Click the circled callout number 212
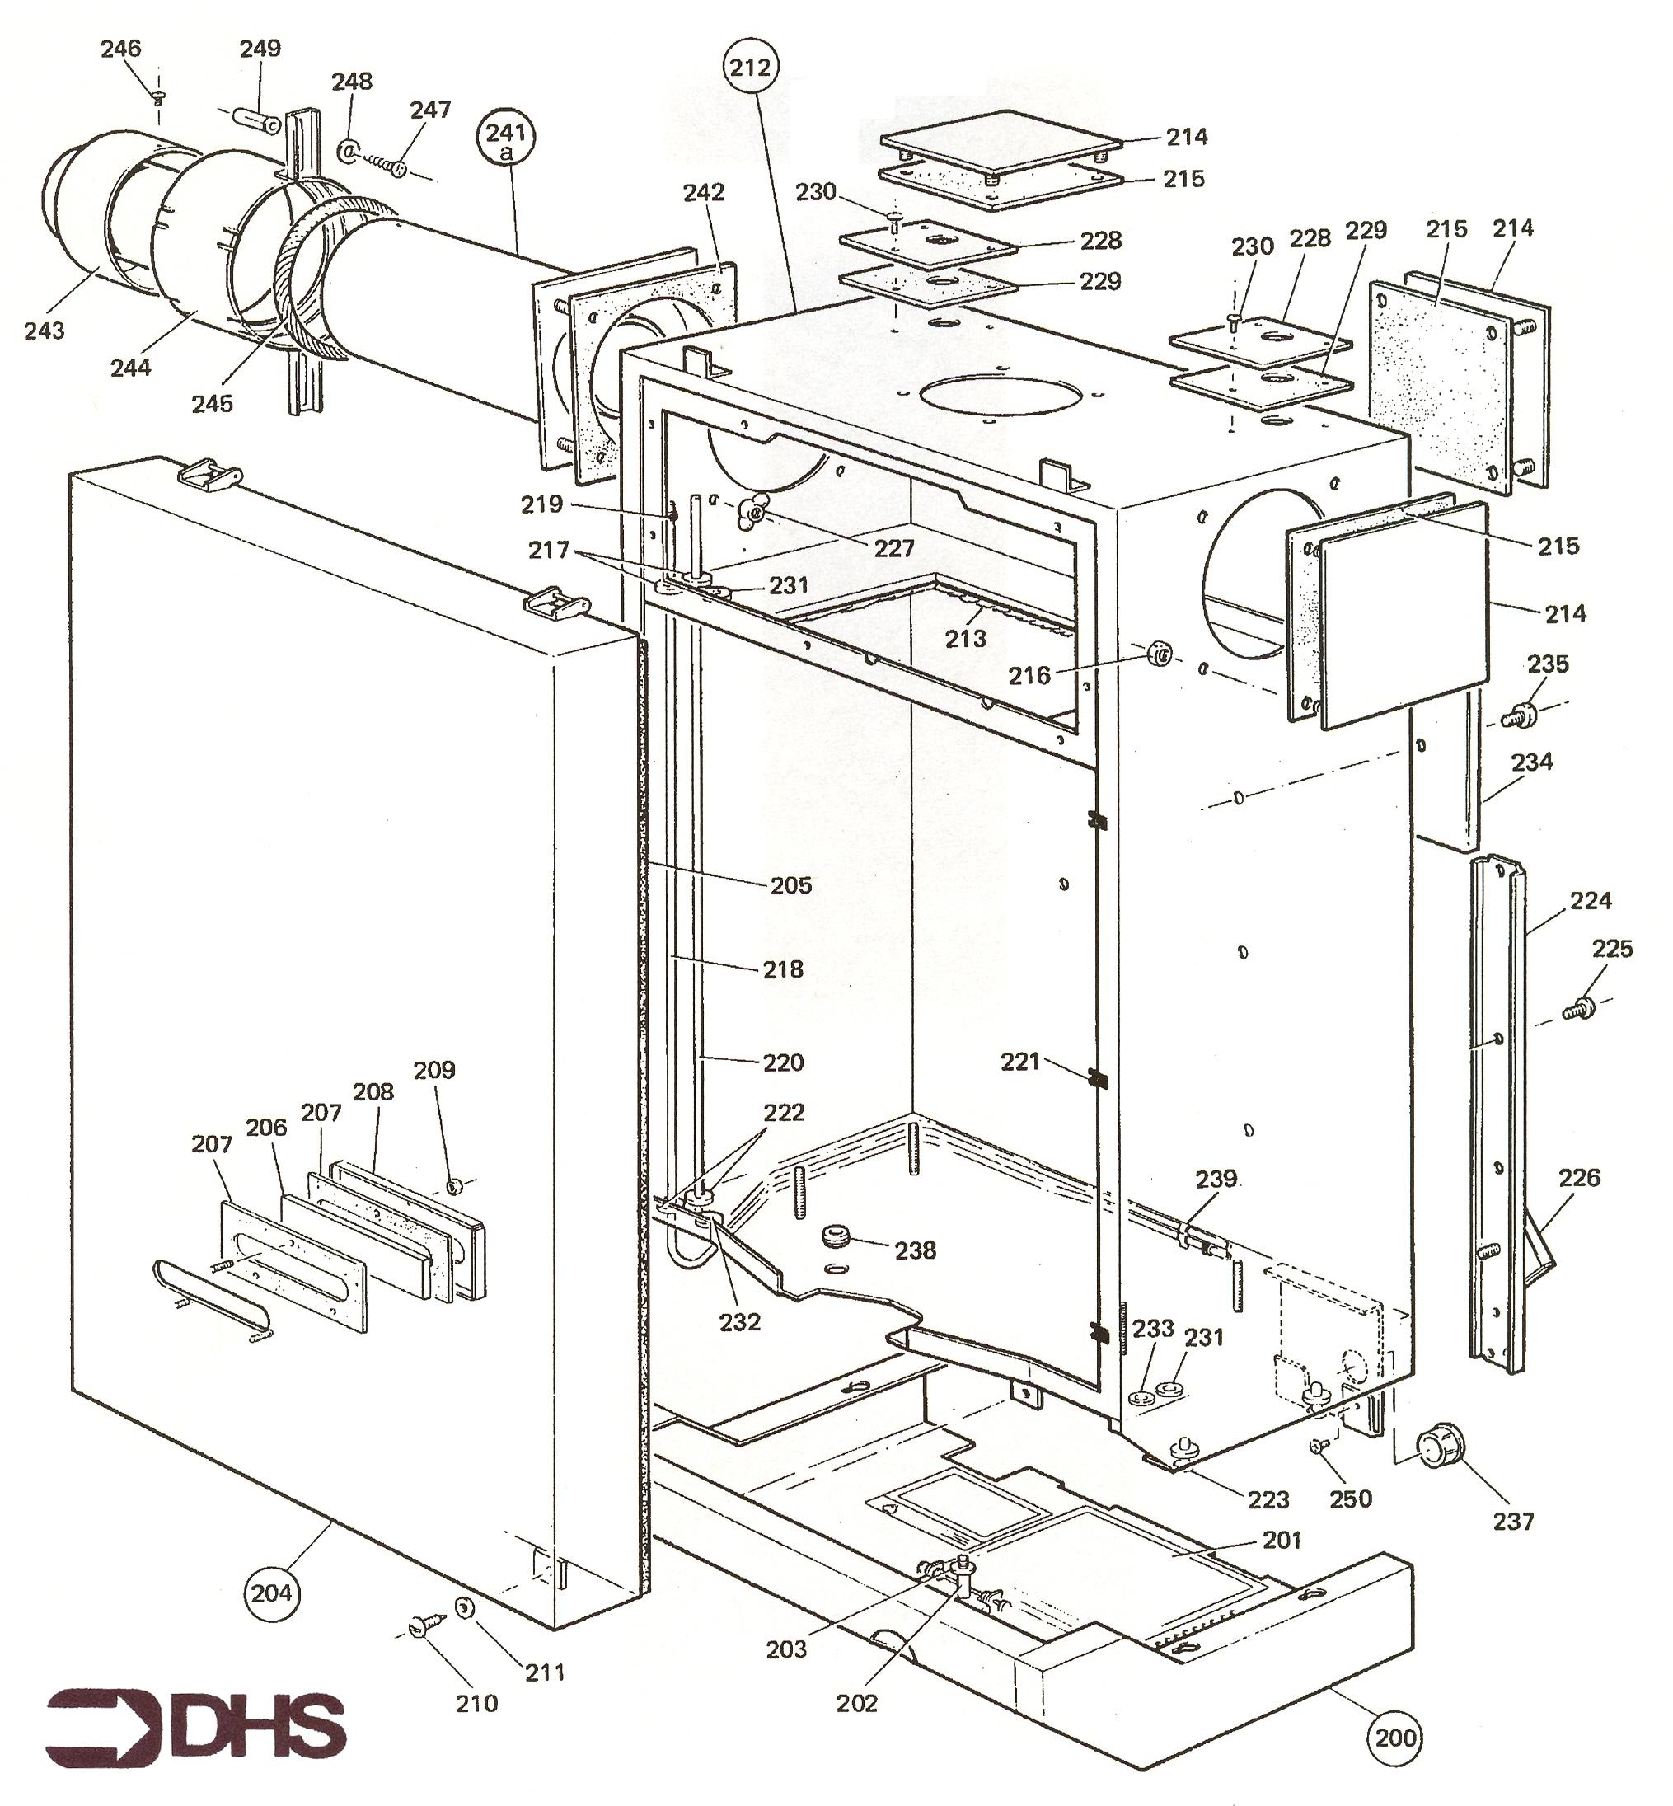click(x=752, y=68)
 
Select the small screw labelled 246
click(x=159, y=97)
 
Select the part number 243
click(x=45, y=331)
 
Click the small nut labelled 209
click(x=457, y=1185)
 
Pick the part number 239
click(x=1216, y=1179)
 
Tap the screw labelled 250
click(x=1319, y=1447)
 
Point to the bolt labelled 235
click(x=1520, y=716)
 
